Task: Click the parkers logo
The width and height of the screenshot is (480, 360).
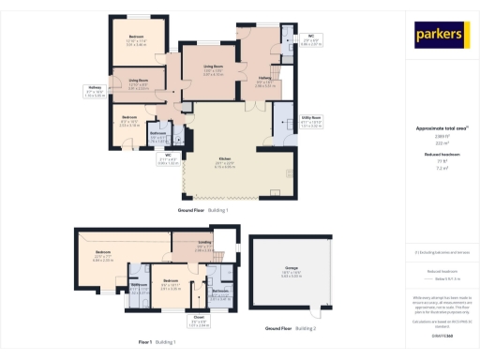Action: pyautogui.click(x=441, y=35)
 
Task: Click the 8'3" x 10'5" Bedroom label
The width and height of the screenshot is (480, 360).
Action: pyautogui.click(x=129, y=121)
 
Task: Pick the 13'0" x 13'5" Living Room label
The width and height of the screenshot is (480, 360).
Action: pyautogui.click(x=218, y=70)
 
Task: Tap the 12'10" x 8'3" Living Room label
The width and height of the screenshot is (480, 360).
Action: pyautogui.click(x=139, y=83)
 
